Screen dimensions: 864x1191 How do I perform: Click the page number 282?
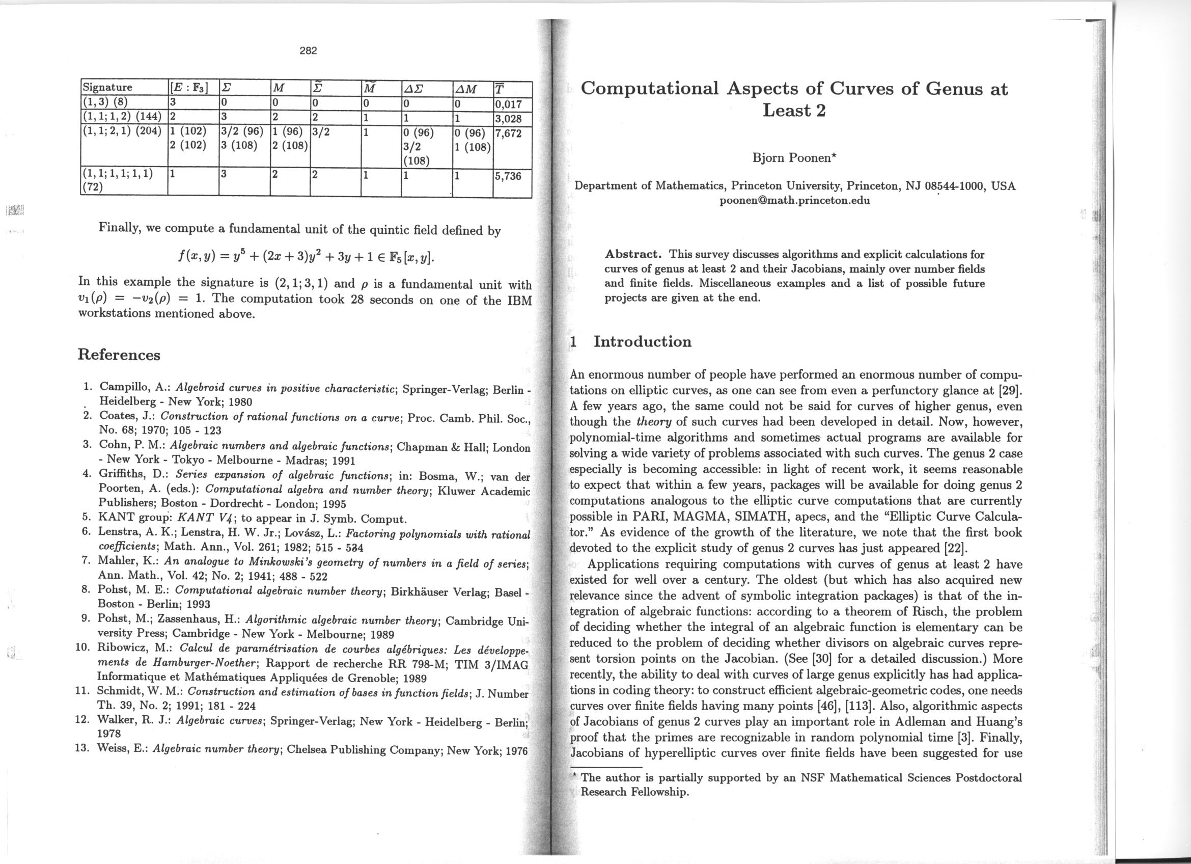[x=309, y=51]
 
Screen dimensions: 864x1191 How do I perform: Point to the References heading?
[x=119, y=355]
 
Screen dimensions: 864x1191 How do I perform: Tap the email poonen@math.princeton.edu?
[x=794, y=200]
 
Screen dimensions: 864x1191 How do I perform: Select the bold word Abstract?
[x=633, y=255]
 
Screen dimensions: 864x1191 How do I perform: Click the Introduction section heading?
[x=642, y=341]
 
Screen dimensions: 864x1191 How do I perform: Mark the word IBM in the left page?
[x=519, y=300]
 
